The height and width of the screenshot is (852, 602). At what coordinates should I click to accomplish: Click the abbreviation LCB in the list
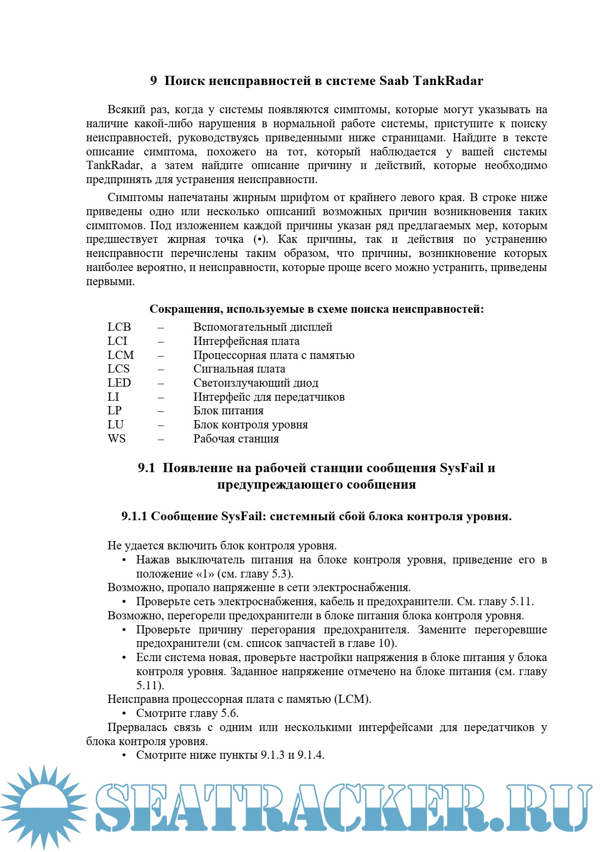[119, 327]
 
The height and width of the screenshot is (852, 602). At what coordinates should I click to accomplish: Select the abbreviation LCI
[117, 341]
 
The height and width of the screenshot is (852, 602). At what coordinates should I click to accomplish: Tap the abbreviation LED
[119, 383]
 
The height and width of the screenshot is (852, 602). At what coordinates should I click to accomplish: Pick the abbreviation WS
[117, 439]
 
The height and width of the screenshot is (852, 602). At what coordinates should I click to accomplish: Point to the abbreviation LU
[116, 425]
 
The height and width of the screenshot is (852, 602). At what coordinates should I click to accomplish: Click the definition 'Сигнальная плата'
[239, 369]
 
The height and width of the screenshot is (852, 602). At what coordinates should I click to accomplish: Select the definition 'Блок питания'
[228, 411]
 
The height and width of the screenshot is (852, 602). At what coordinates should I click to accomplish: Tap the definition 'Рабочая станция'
[236, 439]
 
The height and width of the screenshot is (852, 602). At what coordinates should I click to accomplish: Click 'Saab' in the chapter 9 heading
[394, 81]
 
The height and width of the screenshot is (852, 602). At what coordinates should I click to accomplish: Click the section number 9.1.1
[134, 516]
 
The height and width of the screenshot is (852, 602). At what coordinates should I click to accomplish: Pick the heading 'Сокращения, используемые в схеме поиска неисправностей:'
[317, 309]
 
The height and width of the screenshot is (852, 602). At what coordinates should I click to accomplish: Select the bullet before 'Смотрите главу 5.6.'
[124, 714]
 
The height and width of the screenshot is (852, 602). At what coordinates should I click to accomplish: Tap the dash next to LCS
[161, 370]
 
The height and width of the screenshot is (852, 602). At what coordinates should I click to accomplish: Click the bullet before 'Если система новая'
[124, 658]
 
